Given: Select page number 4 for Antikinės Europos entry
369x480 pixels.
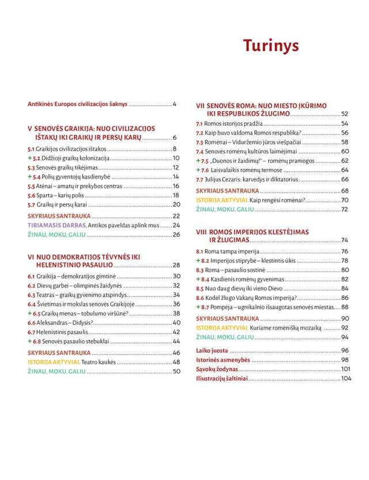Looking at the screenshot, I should (174, 104).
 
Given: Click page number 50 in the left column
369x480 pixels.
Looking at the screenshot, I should (176, 372).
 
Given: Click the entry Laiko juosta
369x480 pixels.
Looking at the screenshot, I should (212, 350).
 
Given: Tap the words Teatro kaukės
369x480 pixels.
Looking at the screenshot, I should (99, 362).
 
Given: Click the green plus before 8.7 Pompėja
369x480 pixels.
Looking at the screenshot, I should (198, 307).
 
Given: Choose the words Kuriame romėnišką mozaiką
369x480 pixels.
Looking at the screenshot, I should (285, 328).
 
